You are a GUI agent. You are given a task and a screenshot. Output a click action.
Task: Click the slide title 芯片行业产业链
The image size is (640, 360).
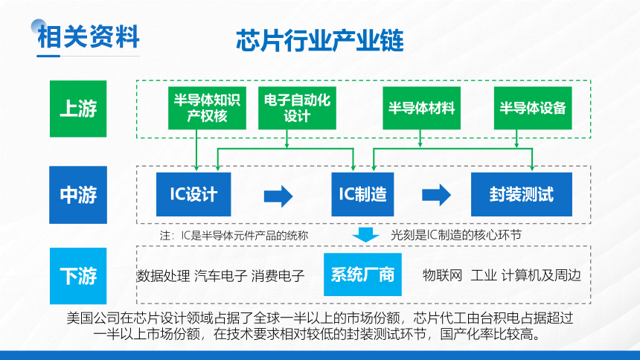tap(320, 40)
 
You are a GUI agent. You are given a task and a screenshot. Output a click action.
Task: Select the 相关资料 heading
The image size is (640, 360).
tap(88, 36)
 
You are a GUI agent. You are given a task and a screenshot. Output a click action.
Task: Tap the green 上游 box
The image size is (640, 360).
tap(78, 109)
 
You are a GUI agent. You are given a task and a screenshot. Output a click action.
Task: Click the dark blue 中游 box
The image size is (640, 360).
tap(78, 195)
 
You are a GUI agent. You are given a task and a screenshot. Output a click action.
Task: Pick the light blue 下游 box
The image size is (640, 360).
tap(78, 276)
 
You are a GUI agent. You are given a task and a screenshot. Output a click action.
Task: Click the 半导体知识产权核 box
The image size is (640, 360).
tap(207, 108)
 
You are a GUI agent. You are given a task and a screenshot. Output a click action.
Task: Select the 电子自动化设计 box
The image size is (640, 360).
tap(297, 108)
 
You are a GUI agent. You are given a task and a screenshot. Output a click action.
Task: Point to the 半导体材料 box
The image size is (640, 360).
tap(422, 108)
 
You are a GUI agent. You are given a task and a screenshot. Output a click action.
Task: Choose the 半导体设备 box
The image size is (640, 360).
tap(533, 108)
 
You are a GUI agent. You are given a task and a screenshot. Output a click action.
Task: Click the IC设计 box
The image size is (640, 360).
tap(193, 194)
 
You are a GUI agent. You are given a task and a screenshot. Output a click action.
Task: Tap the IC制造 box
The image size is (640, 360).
tap(362, 194)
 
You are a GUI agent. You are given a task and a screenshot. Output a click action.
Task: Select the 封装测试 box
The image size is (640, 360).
tap(522, 194)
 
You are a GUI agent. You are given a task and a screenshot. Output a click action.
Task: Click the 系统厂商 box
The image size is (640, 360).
tap(362, 274)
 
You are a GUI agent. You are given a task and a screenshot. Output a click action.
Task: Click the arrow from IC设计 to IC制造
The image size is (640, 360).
tap(278, 196)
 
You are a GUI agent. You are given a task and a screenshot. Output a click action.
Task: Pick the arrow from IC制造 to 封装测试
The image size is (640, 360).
tap(436, 194)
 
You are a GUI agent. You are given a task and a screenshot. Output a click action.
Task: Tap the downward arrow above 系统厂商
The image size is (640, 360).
tap(365, 235)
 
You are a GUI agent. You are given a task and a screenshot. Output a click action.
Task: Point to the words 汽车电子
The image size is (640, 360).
tap(221, 276)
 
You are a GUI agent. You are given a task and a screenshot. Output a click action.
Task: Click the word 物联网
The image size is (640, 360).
tap(443, 275)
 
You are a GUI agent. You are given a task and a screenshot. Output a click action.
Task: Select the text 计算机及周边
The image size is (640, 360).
tap(541, 275)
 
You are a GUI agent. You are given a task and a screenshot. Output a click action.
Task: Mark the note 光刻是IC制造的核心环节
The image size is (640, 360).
tap(456, 235)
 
